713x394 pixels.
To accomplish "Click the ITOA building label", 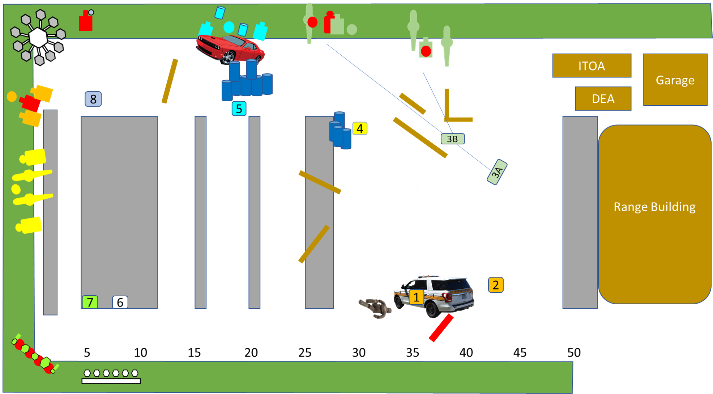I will click(x=592, y=66).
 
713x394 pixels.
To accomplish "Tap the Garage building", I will click(x=675, y=80).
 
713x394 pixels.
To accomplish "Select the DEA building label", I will click(x=603, y=99).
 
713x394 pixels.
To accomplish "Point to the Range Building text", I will click(x=654, y=207).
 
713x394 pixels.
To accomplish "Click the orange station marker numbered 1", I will click(x=417, y=297).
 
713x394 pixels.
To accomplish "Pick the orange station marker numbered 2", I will click(x=496, y=285).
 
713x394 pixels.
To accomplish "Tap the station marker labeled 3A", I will click(x=497, y=172).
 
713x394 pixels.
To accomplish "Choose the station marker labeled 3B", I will click(x=452, y=139).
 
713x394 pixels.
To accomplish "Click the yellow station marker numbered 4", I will click(x=360, y=128).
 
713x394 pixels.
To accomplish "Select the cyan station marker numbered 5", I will click(x=239, y=109).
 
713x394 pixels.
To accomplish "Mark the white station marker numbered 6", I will click(x=120, y=302).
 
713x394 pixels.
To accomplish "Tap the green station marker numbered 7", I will click(x=90, y=302).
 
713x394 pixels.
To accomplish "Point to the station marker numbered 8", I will click(x=93, y=99).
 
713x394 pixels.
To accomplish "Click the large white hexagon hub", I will click(x=38, y=37).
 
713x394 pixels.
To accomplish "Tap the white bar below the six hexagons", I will click(x=111, y=381).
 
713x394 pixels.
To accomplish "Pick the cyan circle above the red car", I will click(x=229, y=27).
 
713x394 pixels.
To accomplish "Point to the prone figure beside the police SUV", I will click(x=375, y=308).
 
